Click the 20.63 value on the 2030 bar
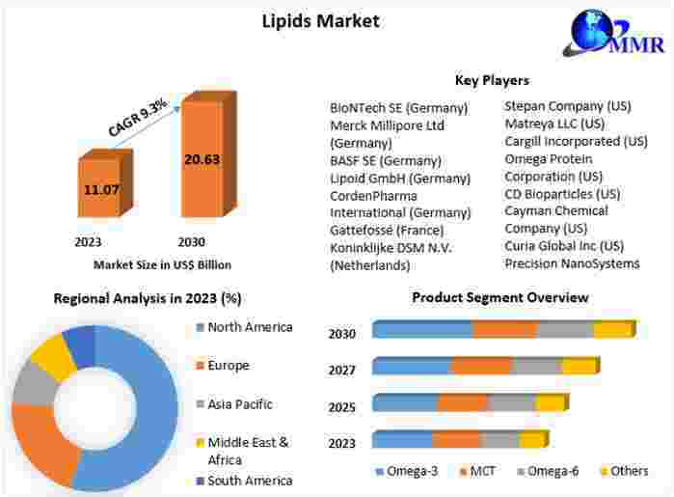[202, 159]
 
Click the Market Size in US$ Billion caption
[162, 264]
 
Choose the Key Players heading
[492, 80]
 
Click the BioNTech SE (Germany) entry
[399, 107]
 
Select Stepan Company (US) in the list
[568, 105]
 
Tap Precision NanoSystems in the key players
[572, 263]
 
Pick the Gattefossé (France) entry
[387, 230]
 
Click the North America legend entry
[250, 327]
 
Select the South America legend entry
[250, 480]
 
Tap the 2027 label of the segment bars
[342, 370]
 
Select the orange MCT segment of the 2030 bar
[504, 330]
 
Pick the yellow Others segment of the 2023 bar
[531, 441]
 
